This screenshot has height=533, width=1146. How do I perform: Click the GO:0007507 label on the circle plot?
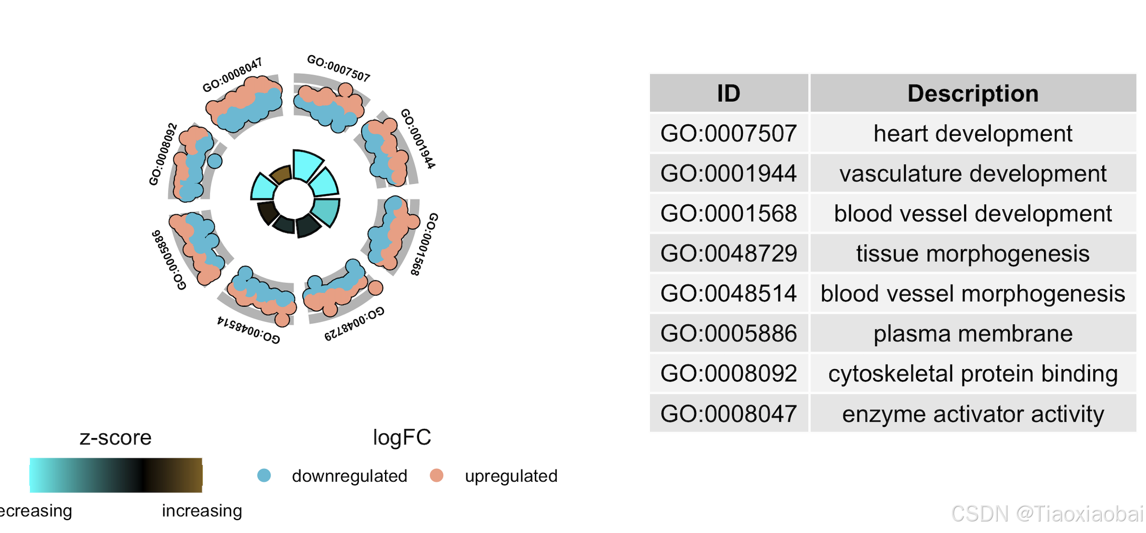[x=338, y=68]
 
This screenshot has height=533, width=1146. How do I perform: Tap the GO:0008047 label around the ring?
[x=232, y=75]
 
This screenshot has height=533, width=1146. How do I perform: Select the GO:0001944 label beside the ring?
[x=418, y=138]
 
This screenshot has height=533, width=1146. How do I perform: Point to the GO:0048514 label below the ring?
[x=248, y=330]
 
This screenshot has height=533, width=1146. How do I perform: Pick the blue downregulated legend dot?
[x=264, y=475]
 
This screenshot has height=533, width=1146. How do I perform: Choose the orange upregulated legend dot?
[x=437, y=475]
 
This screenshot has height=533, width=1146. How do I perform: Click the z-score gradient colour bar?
[x=116, y=475]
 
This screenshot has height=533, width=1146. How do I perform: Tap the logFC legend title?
[x=402, y=437]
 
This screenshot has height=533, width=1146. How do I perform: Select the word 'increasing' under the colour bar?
[x=202, y=511]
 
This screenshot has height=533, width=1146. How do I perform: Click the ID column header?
[x=728, y=94]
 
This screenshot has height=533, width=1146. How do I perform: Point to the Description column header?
[x=973, y=94]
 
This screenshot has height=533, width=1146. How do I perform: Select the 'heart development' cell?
[x=973, y=134]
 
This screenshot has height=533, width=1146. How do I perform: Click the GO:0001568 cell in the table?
[x=728, y=214]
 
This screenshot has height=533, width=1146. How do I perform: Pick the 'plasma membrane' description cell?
[x=973, y=334]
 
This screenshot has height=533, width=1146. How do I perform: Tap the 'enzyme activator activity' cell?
[x=973, y=414]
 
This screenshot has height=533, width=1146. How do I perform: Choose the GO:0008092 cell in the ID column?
[x=728, y=374]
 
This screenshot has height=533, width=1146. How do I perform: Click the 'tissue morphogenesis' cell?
[x=973, y=253]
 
